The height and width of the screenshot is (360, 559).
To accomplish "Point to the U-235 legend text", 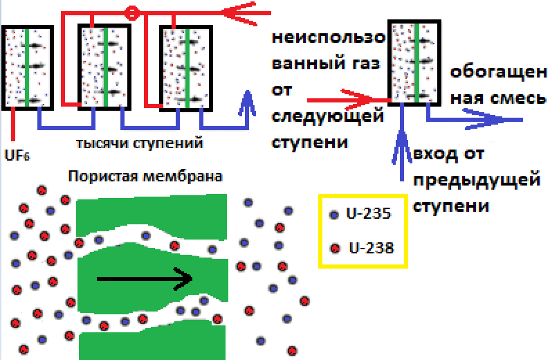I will click(369, 214).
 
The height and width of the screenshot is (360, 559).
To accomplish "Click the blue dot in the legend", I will click(335, 215).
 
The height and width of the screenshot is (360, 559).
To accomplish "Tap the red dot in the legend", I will click(336, 248).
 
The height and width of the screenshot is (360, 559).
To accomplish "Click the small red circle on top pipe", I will click(132, 12).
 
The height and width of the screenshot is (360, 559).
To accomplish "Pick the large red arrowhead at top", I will click(239, 12).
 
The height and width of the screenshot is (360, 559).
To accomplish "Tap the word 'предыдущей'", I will click(476, 181).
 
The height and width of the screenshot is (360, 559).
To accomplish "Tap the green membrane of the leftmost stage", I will click(26, 67).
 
